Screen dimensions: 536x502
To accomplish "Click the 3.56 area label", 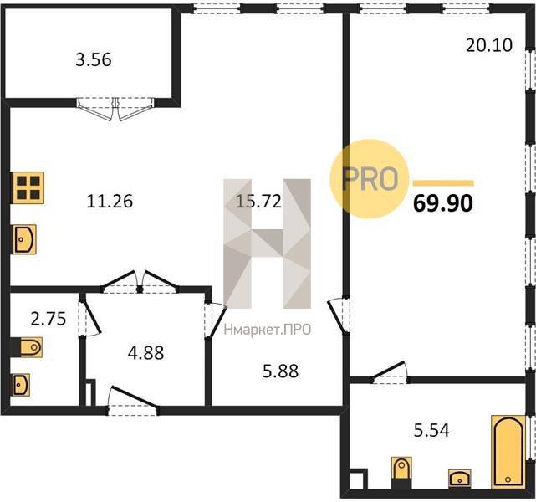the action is point(94,59).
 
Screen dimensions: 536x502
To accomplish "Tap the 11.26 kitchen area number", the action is point(110,201).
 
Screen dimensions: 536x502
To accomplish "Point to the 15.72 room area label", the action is point(258,201).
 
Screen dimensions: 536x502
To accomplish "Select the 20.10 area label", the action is point(489,45).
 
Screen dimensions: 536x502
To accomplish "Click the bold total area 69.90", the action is point(443,203).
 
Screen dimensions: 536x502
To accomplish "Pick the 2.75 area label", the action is point(48,319).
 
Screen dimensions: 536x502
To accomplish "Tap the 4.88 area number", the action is point(146,353).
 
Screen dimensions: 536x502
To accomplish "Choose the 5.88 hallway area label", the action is point(280,371).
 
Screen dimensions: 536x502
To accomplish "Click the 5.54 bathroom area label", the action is point(431,430).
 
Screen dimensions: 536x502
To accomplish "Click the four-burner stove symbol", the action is point(28,187).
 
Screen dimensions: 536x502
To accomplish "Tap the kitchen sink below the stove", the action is point(24,239).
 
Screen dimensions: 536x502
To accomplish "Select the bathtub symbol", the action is point(508,452).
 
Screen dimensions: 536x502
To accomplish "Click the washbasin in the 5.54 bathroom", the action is point(460,478).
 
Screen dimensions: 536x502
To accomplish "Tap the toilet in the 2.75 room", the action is point(27,347).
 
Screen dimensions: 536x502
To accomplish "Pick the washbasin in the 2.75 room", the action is point(21,385).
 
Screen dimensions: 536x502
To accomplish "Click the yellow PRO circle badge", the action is point(370,178).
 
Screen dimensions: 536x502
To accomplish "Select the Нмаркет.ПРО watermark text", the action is point(268,330).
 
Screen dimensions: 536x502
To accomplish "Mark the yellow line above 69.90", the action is point(443,183).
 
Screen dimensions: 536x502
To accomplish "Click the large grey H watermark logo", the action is point(267,243).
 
